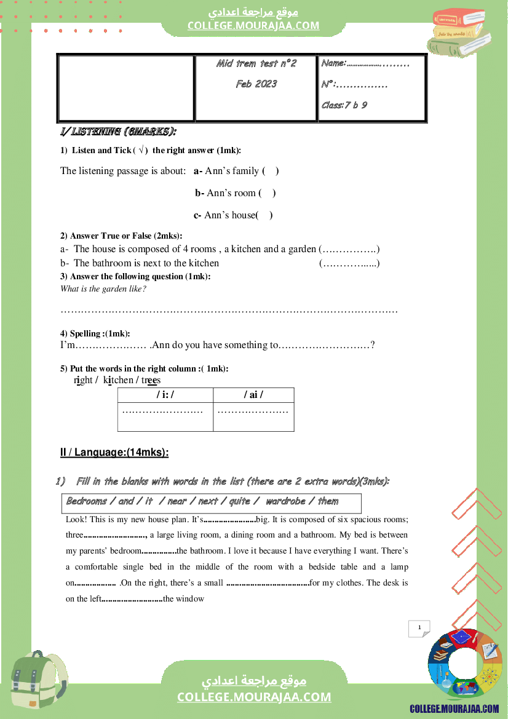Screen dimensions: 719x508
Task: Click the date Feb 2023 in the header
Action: (x=256, y=84)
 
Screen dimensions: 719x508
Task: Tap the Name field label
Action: (x=334, y=63)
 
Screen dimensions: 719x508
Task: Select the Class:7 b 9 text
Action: (x=344, y=105)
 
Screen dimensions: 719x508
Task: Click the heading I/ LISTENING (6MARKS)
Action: (x=118, y=132)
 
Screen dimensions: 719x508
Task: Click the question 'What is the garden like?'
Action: (x=103, y=289)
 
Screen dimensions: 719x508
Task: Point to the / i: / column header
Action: (x=165, y=395)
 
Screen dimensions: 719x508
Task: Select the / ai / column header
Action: (x=253, y=395)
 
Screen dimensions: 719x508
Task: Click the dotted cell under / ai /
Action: (x=253, y=410)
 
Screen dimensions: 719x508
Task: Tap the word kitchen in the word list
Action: (x=118, y=380)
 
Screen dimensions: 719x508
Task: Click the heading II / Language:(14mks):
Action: (x=114, y=453)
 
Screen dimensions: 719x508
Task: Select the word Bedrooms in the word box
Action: (x=87, y=501)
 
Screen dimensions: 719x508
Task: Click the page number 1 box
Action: (x=419, y=628)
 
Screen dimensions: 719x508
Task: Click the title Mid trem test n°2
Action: (x=256, y=64)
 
